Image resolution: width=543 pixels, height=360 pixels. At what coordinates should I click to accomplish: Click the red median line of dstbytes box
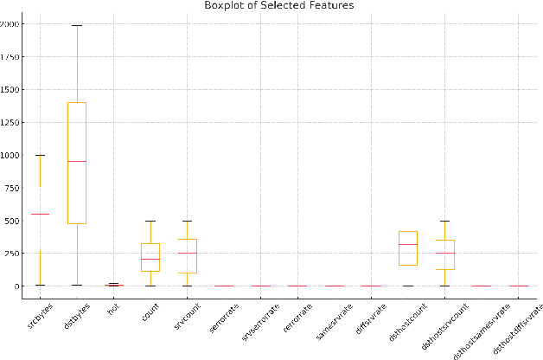(x=77, y=162)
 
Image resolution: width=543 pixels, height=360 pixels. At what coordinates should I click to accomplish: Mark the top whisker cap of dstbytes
(x=77, y=25)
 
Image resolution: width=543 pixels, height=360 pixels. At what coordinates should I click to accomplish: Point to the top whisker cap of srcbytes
(x=40, y=155)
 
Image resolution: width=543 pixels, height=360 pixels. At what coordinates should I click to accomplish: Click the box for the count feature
(x=150, y=257)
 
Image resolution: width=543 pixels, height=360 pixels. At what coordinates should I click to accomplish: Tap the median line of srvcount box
(x=187, y=254)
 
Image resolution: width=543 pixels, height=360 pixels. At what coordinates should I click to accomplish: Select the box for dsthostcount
(x=408, y=247)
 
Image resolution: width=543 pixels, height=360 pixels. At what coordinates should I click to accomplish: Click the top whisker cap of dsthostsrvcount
(x=445, y=221)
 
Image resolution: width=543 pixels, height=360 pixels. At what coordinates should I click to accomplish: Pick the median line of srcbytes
(x=40, y=214)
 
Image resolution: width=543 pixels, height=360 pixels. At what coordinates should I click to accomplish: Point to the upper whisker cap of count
(x=150, y=221)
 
